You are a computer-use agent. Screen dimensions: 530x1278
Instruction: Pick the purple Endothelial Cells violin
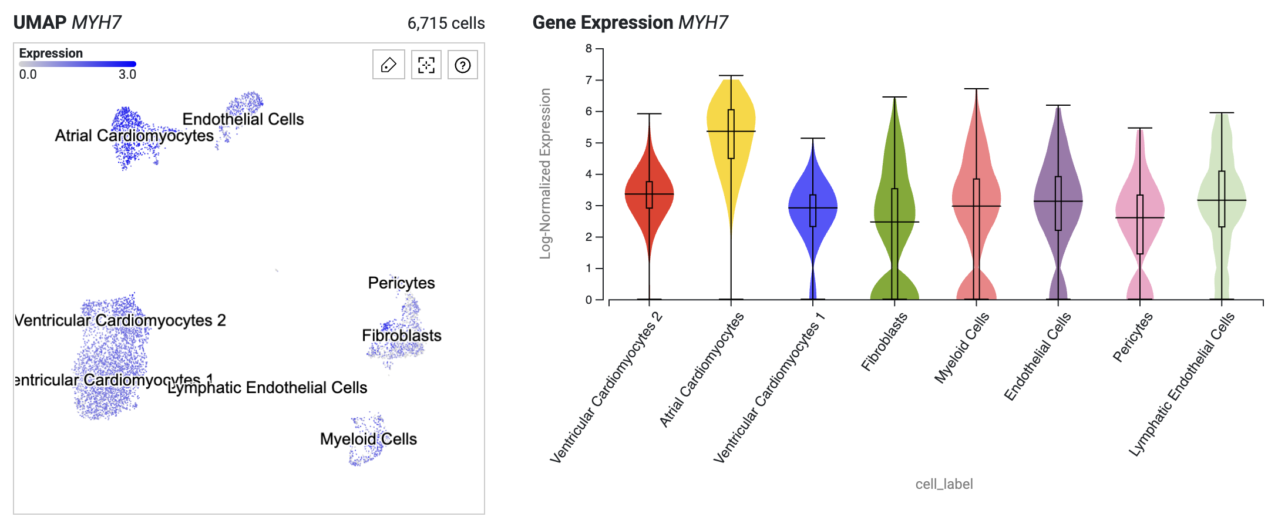tap(1058, 200)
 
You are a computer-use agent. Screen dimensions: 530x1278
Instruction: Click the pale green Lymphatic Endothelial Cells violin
tap(1222, 200)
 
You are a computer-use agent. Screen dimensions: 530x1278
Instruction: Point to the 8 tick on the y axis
tap(589, 49)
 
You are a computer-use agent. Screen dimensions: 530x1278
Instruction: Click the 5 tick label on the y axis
tap(589, 143)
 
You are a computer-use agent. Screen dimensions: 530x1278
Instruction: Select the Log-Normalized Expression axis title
tap(546, 173)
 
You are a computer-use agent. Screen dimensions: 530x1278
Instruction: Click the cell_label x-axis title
tap(944, 484)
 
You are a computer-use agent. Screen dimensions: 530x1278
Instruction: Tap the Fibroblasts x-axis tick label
tap(884, 342)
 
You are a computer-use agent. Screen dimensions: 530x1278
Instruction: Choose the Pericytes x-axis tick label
tap(1133, 337)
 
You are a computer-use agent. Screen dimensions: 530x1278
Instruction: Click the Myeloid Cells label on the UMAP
tap(368, 439)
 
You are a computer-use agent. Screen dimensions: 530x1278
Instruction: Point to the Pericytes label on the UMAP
tap(401, 283)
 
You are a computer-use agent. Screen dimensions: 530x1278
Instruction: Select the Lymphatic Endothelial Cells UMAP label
tap(267, 388)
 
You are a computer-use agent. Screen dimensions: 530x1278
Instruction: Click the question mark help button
tap(463, 65)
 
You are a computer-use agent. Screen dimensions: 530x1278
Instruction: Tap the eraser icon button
tap(389, 65)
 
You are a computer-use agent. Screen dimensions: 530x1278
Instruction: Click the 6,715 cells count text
tap(446, 24)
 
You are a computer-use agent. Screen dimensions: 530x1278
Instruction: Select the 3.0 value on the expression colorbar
tap(127, 75)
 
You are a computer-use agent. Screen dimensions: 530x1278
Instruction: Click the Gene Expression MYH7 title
tap(630, 22)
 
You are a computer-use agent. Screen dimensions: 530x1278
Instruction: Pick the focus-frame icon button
tap(426, 65)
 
